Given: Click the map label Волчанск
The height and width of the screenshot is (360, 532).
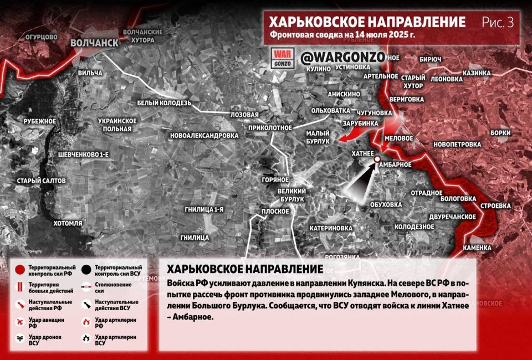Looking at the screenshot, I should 94,43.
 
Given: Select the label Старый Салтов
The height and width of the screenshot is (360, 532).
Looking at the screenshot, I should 41,181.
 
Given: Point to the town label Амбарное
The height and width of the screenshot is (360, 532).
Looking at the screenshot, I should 396,164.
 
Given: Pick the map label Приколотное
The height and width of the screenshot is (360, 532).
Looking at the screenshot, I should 270,127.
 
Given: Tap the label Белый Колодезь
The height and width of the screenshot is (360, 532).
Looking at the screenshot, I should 164,103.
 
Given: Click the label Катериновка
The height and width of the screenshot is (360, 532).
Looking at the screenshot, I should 331,228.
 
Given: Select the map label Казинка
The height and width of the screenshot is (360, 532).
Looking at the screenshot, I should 477,73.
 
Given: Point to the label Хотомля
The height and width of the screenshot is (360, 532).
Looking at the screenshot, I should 68,223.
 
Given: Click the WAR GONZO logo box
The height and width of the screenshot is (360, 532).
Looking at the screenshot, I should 282,58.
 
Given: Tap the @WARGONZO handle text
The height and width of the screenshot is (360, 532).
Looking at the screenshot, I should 334,57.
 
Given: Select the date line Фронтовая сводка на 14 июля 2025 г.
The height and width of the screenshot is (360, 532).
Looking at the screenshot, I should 343,35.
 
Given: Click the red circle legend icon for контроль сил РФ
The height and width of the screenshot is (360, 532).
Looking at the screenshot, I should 19,270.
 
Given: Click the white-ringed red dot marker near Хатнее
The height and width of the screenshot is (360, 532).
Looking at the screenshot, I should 377,160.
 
